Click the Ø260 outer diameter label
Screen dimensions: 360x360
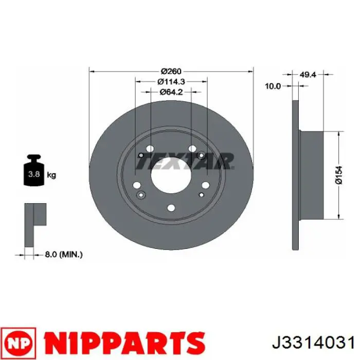click(171, 71)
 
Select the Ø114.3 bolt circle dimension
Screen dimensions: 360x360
click(171, 81)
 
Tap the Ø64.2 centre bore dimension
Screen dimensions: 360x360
click(171, 92)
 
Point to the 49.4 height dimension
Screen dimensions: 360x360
click(308, 75)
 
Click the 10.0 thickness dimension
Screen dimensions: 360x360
click(273, 86)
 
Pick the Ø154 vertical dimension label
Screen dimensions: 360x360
click(339, 175)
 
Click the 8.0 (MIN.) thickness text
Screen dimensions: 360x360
click(64, 255)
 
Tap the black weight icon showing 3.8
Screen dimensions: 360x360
click(34, 170)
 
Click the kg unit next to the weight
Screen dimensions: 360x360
click(51, 175)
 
